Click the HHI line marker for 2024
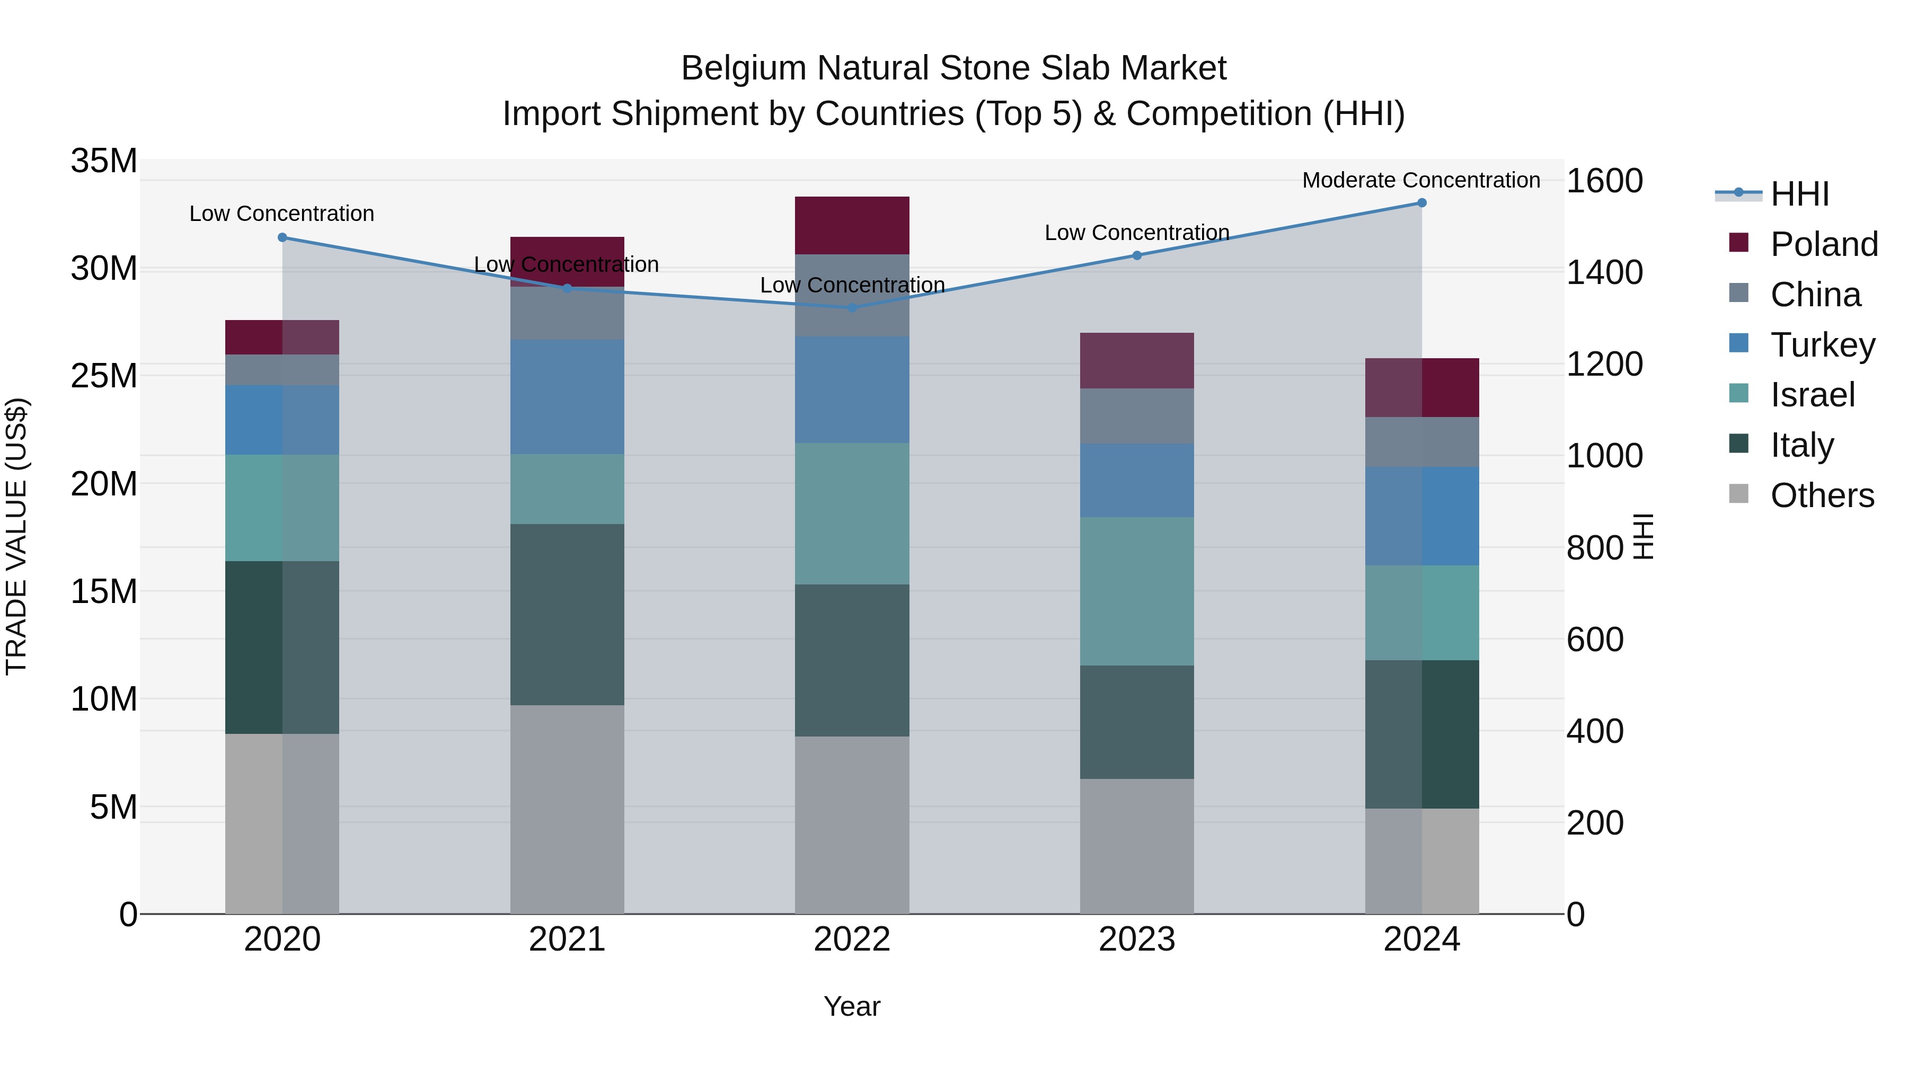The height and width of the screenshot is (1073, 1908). tap(1421, 202)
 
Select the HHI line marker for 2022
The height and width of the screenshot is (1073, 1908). tap(852, 307)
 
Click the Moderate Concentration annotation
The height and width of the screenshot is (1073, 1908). tap(1420, 180)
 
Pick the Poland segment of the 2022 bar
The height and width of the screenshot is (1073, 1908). tap(852, 225)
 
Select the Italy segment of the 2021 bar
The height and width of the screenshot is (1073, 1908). tap(567, 614)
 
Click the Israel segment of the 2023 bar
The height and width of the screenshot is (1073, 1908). tap(1136, 590)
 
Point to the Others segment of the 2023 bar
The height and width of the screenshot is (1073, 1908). tap(1136, 846)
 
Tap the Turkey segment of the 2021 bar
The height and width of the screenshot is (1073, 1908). tap(567, 396)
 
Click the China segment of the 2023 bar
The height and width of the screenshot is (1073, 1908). tap(1136, 415)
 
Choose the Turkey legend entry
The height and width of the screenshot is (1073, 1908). tap(1822, 344)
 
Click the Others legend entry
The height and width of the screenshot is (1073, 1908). tap(1822, 495)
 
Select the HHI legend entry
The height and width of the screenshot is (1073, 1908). tap(1800, 194)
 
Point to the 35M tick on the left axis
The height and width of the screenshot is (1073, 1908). tap(104, 161)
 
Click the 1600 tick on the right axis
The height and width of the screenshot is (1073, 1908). tap(1604, 181)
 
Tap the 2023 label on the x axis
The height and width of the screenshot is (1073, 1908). tap(1136, 939)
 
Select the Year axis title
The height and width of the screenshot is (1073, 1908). tap(852, 1006)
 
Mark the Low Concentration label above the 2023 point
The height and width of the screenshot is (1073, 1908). tap(1136, 233)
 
